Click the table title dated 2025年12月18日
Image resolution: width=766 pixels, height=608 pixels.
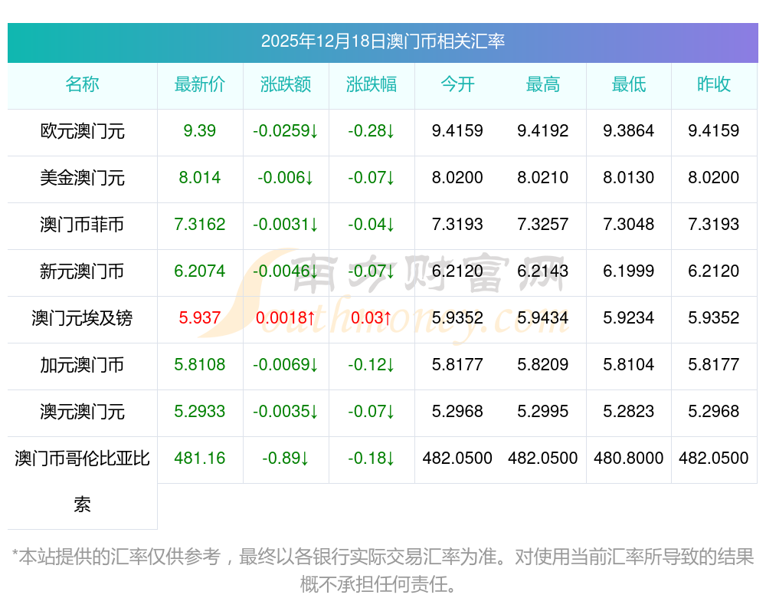[382, 41]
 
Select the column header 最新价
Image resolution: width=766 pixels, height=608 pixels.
[200, 84]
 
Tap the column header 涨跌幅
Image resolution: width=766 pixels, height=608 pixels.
[372, 84]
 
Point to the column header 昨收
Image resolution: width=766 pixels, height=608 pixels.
[714, 84]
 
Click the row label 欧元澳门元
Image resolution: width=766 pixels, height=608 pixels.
[82, 131]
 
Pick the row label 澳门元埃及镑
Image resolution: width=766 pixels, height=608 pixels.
[82, 318]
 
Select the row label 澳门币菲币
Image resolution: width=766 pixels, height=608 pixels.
[82, 225]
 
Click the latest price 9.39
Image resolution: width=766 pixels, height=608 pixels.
[200, 131]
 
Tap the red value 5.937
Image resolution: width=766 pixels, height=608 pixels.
[200, 318]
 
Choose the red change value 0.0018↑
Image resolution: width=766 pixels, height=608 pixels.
[286, 318]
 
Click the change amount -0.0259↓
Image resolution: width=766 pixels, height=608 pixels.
[286, 131]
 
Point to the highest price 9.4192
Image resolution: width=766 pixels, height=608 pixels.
[543, 131]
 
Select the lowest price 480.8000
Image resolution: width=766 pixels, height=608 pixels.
[629, 458]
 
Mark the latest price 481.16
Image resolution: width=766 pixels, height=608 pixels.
[200, 458]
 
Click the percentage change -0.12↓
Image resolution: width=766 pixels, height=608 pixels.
[372, 365]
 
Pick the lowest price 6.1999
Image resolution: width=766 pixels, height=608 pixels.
[629, 271]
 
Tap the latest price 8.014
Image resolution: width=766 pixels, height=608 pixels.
[200, 178]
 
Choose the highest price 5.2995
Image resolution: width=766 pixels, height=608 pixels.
[543, 412]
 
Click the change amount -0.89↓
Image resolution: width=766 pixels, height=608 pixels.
[286, 458]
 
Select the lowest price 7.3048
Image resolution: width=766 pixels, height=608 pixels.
[629, 225]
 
